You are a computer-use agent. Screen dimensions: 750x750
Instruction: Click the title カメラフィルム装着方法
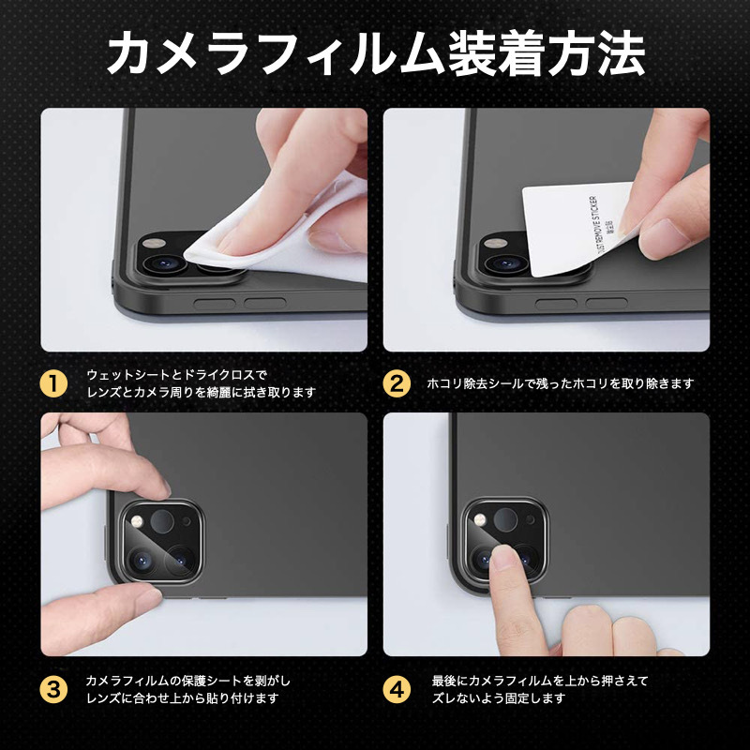click(x=376, y=53)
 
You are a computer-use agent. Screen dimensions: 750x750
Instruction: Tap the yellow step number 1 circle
click(x=53, y=383)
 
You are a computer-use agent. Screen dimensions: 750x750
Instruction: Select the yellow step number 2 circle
click(x=397, y=383)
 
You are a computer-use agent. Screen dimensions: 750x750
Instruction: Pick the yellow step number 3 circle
click(x=53, y=689)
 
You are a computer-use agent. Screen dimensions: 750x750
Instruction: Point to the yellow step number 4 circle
click(x=397, y=689)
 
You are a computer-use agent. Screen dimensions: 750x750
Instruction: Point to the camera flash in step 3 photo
click(x=138, y=521)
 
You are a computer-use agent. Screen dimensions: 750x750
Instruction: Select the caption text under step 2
click(x=560, y=383)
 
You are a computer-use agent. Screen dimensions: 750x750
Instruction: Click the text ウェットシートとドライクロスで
click(x=177, y=374)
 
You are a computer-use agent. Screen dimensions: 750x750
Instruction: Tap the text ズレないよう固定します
click(x=499, y=698)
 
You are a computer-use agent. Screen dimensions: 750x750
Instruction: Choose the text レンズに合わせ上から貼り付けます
click(x=182, y=698)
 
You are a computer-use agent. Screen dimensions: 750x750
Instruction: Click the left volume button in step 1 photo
click(x=215, y=303)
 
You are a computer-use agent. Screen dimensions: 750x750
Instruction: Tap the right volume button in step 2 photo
click(x=606, y=303)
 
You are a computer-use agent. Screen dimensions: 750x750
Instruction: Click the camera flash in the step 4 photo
click(x=480, y=520)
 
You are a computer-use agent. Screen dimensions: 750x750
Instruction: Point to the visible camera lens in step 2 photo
click(x=506, y=263)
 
